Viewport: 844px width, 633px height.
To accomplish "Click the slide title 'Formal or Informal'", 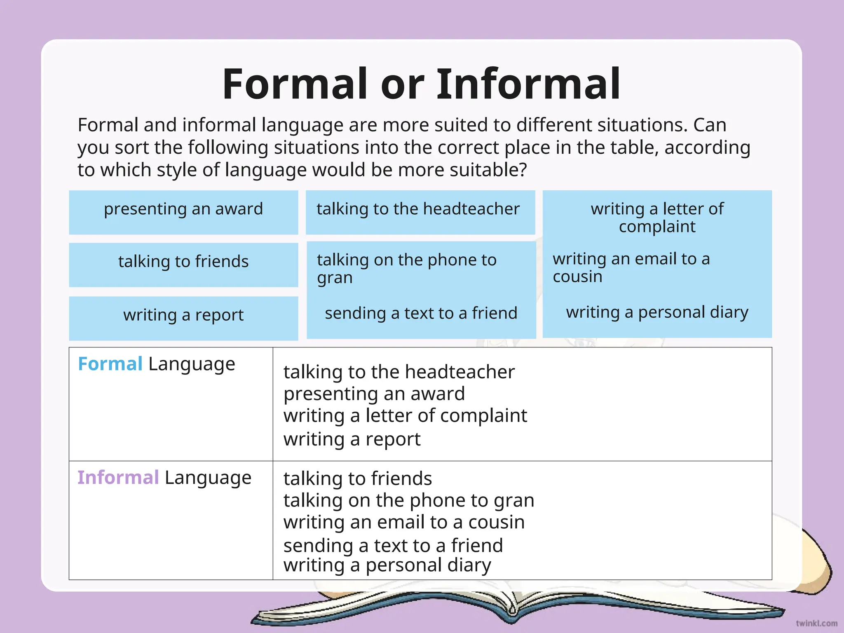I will pos(421,84).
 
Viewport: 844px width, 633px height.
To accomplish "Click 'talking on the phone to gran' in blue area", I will pos(406,269).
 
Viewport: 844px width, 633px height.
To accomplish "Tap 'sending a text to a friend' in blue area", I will pos(421,314).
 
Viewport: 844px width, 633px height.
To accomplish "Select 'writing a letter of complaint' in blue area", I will pos(657,218).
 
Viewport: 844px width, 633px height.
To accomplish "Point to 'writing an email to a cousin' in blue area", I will pos(631,267).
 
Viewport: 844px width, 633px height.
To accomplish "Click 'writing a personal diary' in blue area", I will pos(657,313).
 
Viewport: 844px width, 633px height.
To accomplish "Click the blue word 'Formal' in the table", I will pos(110,364).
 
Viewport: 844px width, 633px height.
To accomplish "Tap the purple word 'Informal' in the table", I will pos(118,478).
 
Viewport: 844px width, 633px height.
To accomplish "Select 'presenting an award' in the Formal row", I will pos(374,394).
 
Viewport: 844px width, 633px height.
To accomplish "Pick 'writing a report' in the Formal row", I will pos(352,439).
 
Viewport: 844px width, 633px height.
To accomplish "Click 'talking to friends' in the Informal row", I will pos(357,479).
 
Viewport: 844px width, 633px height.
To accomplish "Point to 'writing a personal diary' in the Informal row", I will pos(387,565).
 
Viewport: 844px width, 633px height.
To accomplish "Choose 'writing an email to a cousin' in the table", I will pos(404,523).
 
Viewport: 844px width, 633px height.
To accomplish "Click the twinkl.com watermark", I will pos(816,624).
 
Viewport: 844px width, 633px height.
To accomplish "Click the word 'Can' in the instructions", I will pos(709,125).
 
